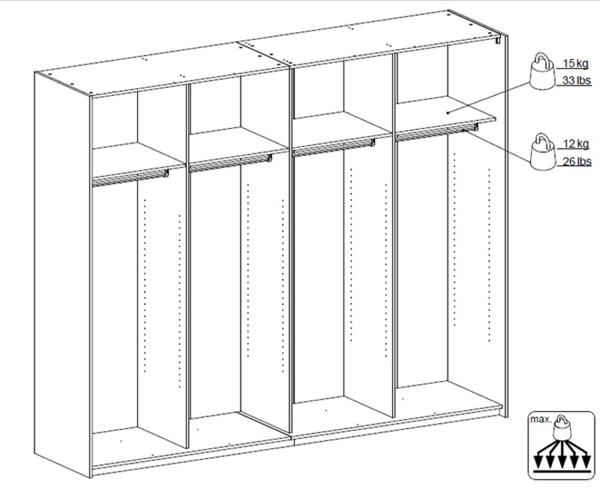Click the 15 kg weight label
(x=575, y=63)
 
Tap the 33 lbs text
(x=576, y=81)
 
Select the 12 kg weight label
(x=576, y=144)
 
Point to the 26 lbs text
(x=577, y=161)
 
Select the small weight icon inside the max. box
(x=562, y=426)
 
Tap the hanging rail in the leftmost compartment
(x=130, y=177)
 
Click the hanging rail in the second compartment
(x=231, y=163)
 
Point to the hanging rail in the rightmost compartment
(x=437, y=132)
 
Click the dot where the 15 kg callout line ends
(x=448, y=113)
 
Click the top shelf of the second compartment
(x=239, y=141)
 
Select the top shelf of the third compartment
(x=342, y=125)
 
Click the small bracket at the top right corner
(x=498, y=40)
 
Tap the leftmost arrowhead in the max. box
(x=539, y=462)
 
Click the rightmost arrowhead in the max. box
(x=586, y=462)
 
